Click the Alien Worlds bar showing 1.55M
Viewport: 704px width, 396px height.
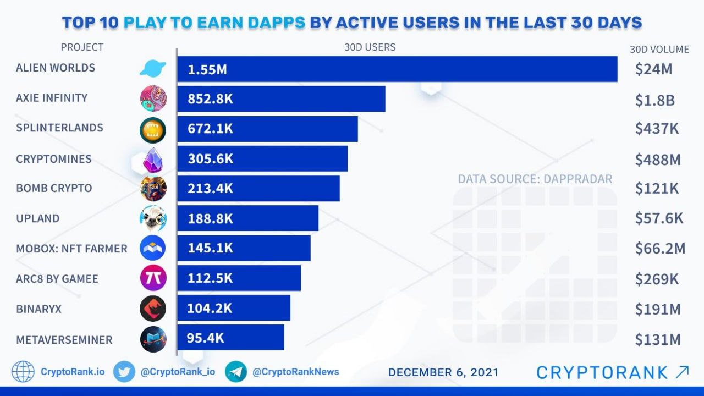click(397, 69)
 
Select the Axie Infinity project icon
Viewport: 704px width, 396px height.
click(152, 99)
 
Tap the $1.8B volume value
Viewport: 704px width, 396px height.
click(654, 100)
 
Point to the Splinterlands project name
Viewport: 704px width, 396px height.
click(59, 128)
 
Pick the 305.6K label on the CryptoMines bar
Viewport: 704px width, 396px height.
click(211, 159)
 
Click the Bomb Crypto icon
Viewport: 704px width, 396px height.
click(152, 189)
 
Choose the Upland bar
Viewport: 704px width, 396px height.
click(248, 218)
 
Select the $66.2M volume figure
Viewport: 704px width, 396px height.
click(659, 249)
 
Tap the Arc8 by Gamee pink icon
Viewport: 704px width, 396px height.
click(152, 278)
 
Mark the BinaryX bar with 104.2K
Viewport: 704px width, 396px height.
click(233, 308)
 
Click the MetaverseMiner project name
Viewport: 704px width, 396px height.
click(64, 339)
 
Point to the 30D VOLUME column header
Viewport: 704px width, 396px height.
click(659, 49)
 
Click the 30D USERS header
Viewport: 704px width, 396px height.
click(370, 47)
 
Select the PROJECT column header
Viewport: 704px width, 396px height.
click(82, 47)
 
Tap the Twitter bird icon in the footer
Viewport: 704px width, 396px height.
click(124, 372)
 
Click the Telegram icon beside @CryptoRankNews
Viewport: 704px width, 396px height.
click(236, 372)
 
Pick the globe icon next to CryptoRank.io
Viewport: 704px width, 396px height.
click(23, 372)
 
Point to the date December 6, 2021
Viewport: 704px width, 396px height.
click(443, 372)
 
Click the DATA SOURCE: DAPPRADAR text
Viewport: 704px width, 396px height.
click(535, 179)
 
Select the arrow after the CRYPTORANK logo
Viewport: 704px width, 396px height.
click(681, 372)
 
